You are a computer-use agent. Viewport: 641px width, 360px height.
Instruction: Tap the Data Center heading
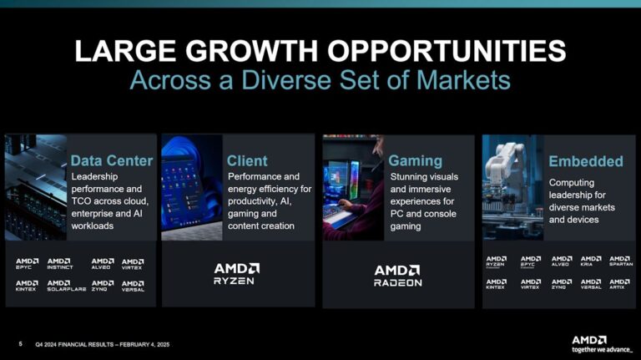coord(112,160)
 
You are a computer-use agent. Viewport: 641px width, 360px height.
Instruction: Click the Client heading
coord(247,160)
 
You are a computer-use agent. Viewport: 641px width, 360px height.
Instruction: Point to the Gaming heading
coord(416,160)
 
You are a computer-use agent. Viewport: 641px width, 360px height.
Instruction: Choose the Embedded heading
coord(585,160)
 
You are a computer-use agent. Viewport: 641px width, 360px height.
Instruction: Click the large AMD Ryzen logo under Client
coord(237,274)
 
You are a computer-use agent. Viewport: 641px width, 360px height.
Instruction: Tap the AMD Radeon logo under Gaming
coord(398,275)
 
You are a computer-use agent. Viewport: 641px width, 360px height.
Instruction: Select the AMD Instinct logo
coord(59,264)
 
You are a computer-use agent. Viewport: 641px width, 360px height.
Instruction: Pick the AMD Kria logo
coord(590,261)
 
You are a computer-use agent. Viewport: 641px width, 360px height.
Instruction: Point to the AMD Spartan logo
coord(620,261)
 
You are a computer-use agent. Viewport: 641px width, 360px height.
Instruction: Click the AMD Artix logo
coord(619,284)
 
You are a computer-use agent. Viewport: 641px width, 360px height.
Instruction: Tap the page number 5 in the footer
coord(20,343)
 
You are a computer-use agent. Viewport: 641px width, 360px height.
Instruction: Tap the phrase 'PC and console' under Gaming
coord(421,213)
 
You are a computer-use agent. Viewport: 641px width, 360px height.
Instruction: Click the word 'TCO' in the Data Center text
coord(83,201)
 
